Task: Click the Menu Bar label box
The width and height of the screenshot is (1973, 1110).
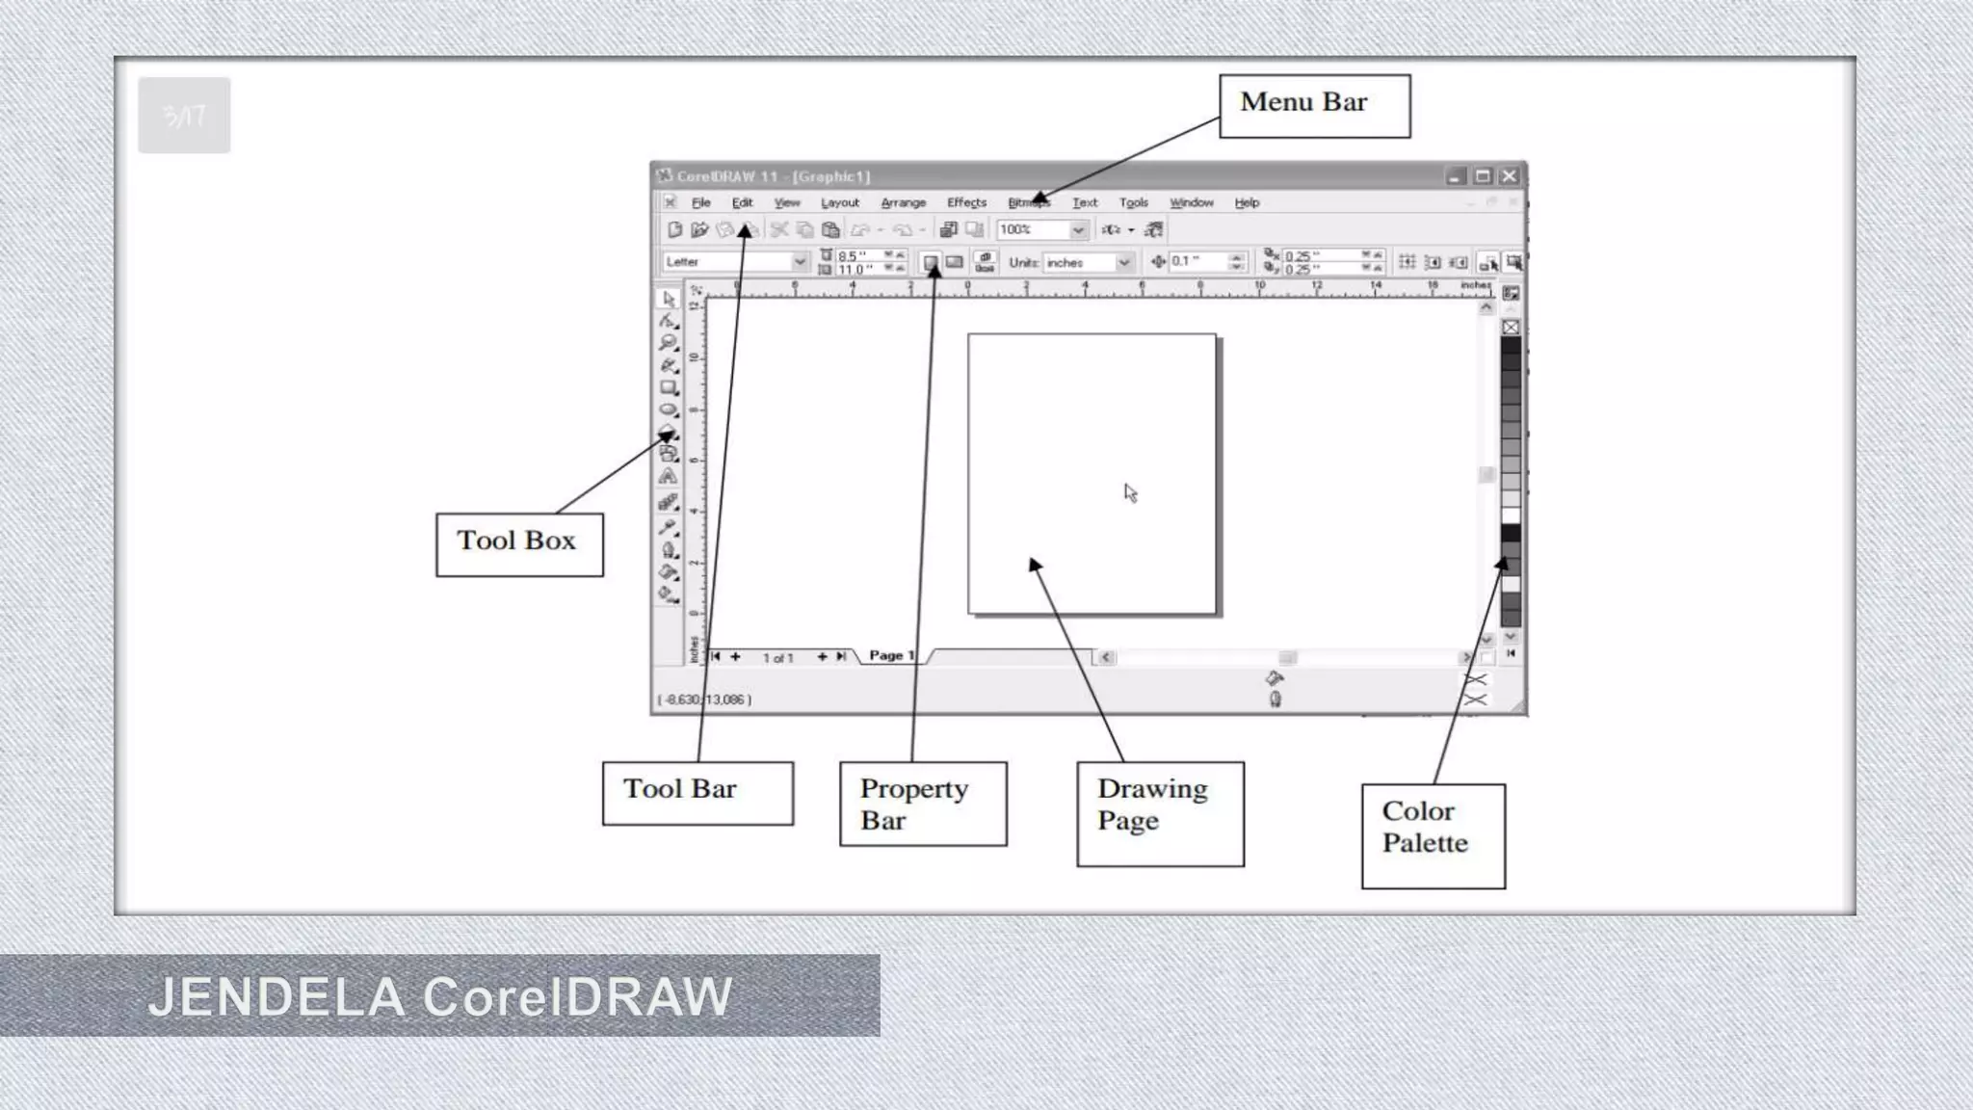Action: coord(1314,106)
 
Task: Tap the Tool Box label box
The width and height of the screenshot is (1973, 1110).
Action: coord(519,544)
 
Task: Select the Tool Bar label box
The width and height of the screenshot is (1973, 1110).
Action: coord(697,793)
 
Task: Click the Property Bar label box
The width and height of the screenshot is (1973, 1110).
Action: coord(923,804)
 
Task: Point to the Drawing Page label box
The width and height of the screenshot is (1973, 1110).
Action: coord(1160,813)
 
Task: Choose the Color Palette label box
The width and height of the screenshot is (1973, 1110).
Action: coord(1433,835)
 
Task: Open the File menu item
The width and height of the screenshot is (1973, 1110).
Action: coord(701,203)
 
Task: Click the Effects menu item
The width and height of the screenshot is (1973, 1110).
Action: coord(966,203)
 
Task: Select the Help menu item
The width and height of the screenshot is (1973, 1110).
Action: coord(1247,203)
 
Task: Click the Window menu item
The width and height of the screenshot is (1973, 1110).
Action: coord(1191,203)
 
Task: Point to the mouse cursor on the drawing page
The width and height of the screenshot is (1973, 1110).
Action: coord(1130,492)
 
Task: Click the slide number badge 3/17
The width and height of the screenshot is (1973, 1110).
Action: coord(184,116)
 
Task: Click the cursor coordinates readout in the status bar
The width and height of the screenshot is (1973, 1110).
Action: coord(704,700)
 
